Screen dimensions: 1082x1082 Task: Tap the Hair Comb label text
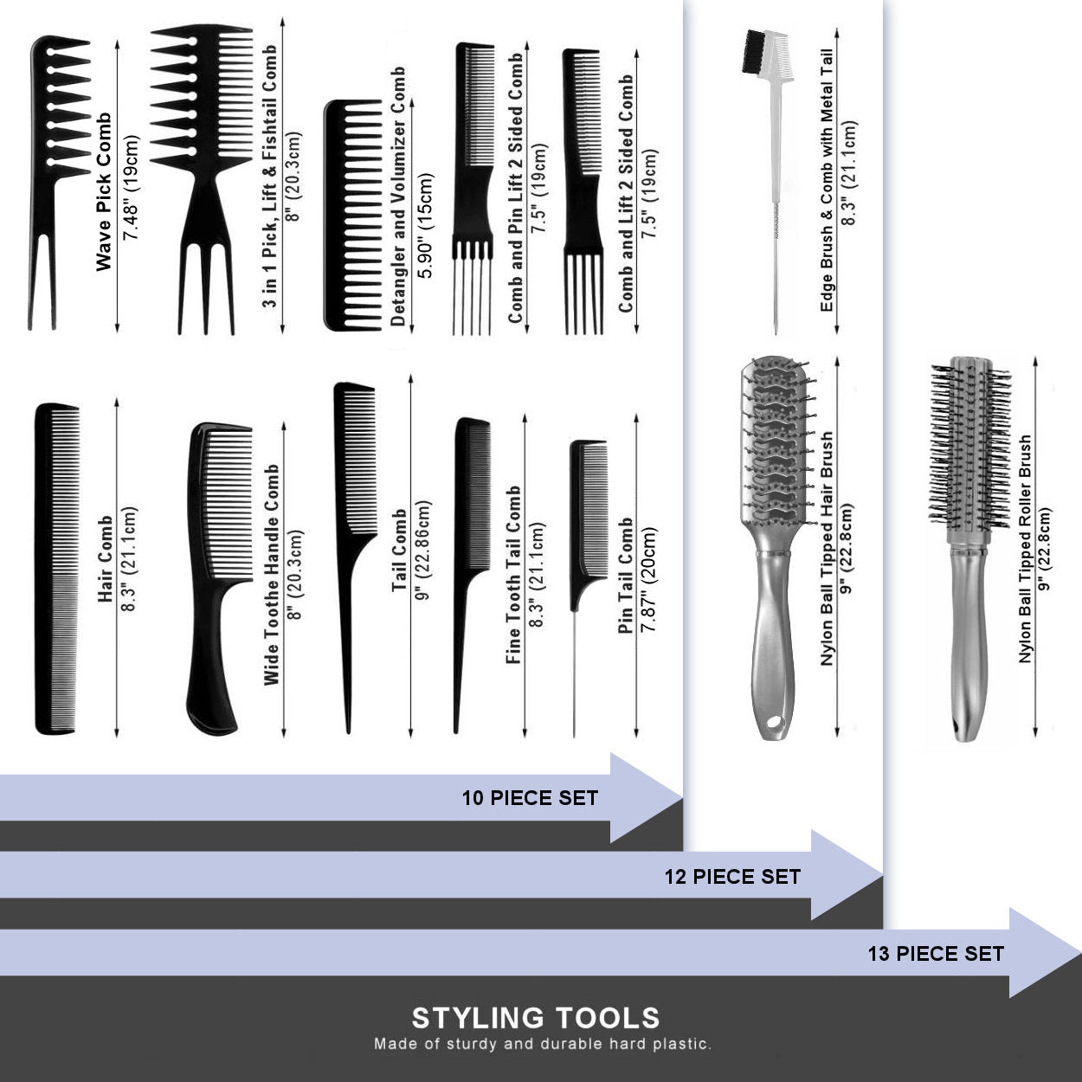point(106,558)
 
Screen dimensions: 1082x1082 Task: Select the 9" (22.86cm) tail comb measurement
point(424,551)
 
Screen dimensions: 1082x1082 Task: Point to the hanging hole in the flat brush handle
point(776,722)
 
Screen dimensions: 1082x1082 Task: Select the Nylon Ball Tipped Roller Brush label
point(1026,549)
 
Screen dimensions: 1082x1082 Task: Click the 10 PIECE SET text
point(530,798)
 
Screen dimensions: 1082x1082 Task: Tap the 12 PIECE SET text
point(732,877)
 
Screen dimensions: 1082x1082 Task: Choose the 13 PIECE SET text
point(936,954)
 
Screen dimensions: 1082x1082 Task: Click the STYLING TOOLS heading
point(536,1018)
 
